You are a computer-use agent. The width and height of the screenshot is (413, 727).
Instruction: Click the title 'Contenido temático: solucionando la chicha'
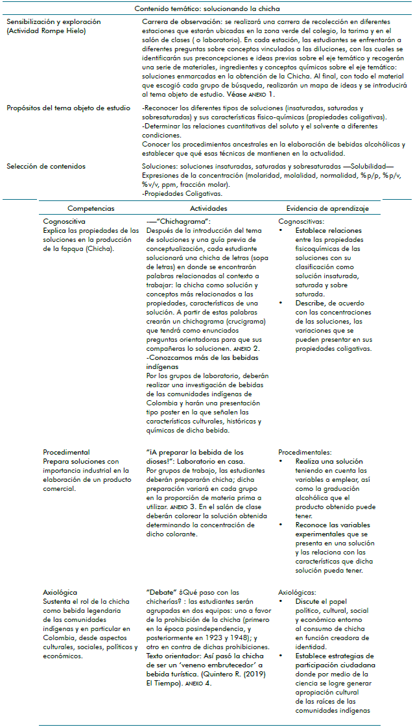pyautogui.click(x=206, y=8)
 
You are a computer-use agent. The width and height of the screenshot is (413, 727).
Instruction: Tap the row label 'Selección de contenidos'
pyautogui.click(x=45, y=167)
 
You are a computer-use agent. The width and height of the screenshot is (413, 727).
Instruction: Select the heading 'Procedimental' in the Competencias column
pyautogui.click(x=66, y=452)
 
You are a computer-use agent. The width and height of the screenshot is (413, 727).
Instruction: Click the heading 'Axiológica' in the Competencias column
pyautogui.click(x=60, y=592)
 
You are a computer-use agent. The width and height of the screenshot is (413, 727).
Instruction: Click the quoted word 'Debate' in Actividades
pyautogui.click(x=163, y=592)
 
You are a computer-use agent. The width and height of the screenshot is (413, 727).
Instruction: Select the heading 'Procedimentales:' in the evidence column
pyautogui.click(x=305, y=452)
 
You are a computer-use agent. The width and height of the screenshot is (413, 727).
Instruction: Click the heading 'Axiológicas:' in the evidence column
pyautogui.click(x=298, y=592)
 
